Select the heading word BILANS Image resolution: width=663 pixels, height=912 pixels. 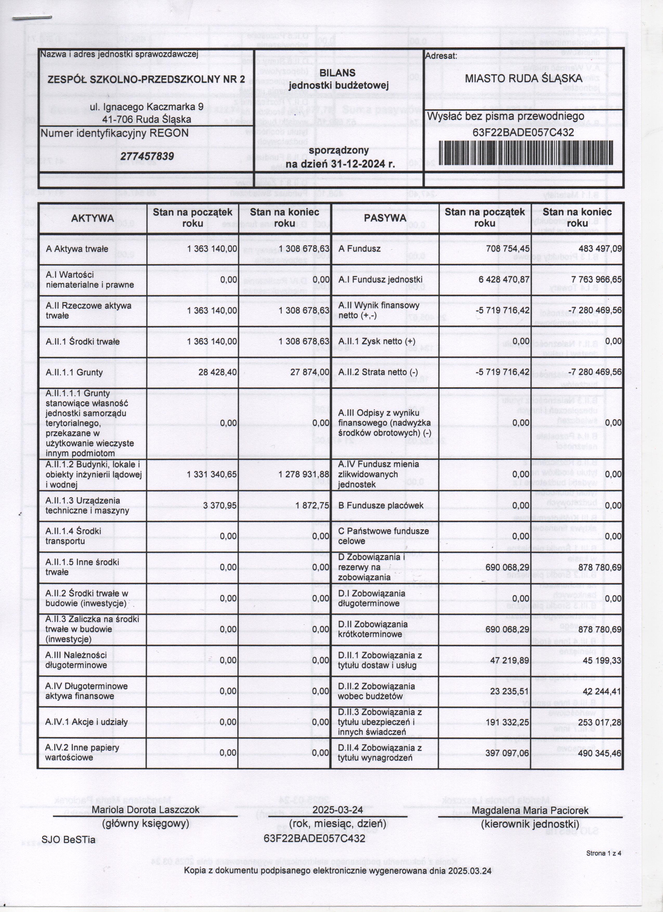pyautogui.click(x=337, y=73)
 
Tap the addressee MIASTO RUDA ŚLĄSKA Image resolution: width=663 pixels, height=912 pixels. pyautogui.click(x=523, y=78)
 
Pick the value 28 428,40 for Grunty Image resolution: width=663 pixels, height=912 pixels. pyautogui.click(x=218, y=372)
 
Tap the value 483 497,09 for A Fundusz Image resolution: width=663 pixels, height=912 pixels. pyautogui.click(x=600, y=249)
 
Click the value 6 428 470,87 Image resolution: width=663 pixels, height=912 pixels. pyautogui.click(x=504, y=280)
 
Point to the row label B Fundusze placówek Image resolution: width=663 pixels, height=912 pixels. pyautogui.click(x=381, y=505)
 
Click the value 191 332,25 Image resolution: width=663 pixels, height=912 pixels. pyautogui.click(x=507, y=722)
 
